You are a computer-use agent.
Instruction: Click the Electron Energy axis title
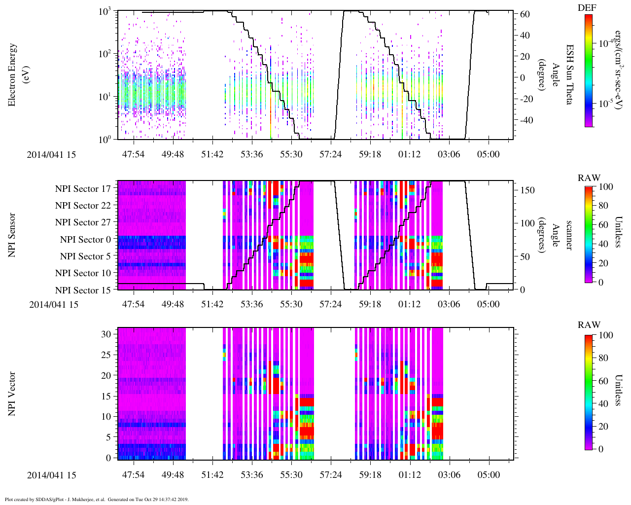coord(13,75)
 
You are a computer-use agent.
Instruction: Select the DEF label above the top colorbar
coord(587,8)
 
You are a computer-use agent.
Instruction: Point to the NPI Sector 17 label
coord(83,188)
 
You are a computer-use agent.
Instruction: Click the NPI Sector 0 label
coord(85,240)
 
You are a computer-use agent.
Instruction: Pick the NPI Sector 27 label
coord(83,222)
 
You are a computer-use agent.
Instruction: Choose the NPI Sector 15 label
coord(83,290)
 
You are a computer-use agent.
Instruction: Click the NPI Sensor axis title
coord(12,235)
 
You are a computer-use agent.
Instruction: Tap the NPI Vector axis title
coord(12,394)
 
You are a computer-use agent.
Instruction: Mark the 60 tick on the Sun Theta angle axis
coord(526,14)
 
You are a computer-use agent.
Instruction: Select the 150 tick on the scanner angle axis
coord(527,190)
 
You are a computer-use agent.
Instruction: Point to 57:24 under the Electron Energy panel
coord(330,154)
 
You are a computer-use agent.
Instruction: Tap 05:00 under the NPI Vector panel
coord(489,475)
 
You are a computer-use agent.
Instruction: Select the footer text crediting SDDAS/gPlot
coord(97,499)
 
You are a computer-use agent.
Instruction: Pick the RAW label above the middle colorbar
coord(589,178)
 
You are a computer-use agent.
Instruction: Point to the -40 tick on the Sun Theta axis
coord(523,120)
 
